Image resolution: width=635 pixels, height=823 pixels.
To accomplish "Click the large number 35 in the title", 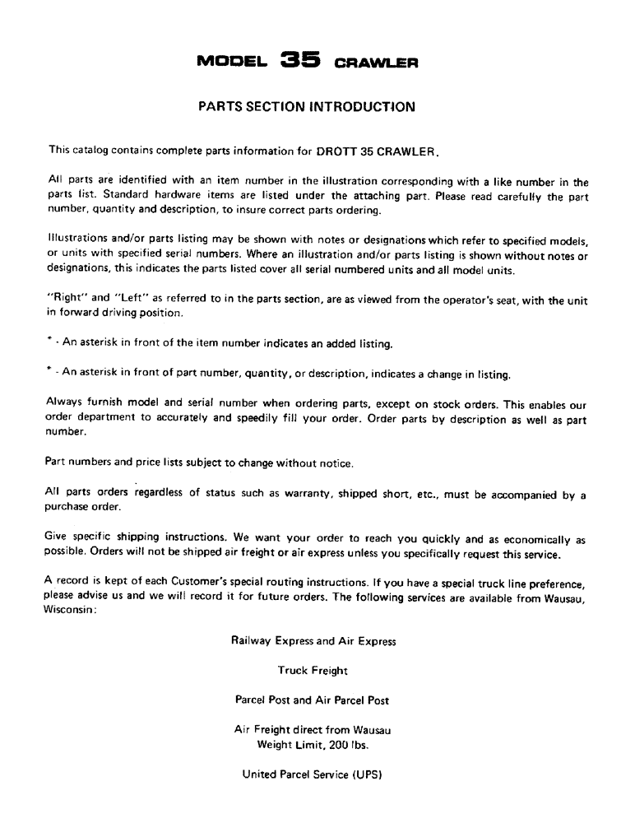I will [x=299, y=60].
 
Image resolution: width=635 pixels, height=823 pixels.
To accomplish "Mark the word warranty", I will [x=328, y=495].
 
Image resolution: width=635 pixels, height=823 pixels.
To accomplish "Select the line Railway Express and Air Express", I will [x=313, y=641].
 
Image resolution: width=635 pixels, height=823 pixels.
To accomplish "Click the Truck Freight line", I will [x=313, y=671].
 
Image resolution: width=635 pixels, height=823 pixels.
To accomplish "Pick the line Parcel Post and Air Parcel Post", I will [x=313, y=700].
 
